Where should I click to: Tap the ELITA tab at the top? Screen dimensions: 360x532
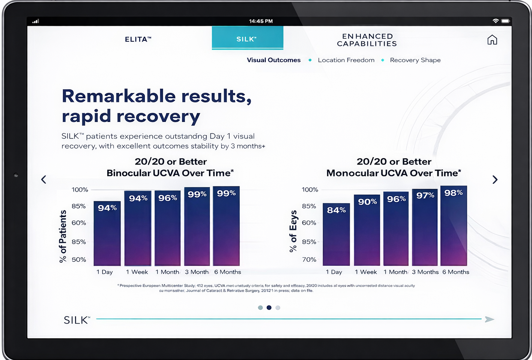pos(138,39)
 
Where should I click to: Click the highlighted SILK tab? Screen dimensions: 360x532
pos(247,39)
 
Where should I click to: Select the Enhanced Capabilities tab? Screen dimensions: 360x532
pos(367,40)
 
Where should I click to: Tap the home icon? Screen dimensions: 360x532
pos(492,40)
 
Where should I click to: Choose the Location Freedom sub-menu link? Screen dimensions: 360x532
pos(346,60)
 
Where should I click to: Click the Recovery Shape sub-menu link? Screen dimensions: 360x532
pos(415,60)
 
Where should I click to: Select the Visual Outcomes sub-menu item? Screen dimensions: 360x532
pos(274,60)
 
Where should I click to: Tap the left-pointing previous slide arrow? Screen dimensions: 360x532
pos(44,180)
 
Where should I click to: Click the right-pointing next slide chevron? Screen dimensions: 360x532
pos(495,180)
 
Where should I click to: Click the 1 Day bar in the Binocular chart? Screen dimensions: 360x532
pos(107,236)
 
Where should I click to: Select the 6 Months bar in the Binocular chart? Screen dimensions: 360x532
pos(226,229)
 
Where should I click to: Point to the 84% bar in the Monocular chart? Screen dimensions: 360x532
pos(336,236)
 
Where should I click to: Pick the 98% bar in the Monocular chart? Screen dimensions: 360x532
pos(454,229)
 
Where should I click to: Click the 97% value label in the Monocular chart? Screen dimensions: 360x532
pos(425,195)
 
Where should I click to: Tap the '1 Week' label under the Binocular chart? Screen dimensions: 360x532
pos(137,272)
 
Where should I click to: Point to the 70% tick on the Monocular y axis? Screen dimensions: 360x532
pos(309,259)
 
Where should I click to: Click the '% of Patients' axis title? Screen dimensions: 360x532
pos(63,236)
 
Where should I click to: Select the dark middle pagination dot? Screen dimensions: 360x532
pos(269,307)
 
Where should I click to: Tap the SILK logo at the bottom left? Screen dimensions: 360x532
pos(77,320)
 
